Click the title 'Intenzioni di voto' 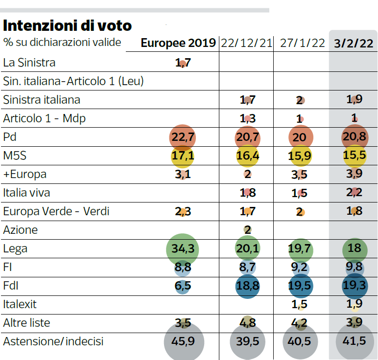point(67,25)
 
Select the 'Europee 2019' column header point(178,43)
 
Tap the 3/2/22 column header point(354,44)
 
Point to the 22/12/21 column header point(246,43)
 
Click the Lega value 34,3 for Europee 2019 point(183,248)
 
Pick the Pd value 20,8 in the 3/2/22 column point(354,136)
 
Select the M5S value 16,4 point(248,156)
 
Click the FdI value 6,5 point(183,286)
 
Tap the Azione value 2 point(248,230)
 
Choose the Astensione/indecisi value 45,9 point(183,341)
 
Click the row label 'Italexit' point(20,304)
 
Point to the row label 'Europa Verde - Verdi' point(56,211)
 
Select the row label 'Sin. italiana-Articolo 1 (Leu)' point(73,81)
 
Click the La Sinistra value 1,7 point(183,63)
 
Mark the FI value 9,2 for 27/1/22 point(299,267)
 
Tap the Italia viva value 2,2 point(354,192)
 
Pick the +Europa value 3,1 point(183,174)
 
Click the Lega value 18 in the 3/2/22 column point(354,248)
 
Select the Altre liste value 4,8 point(248,323)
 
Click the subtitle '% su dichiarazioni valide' point(62,43)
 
